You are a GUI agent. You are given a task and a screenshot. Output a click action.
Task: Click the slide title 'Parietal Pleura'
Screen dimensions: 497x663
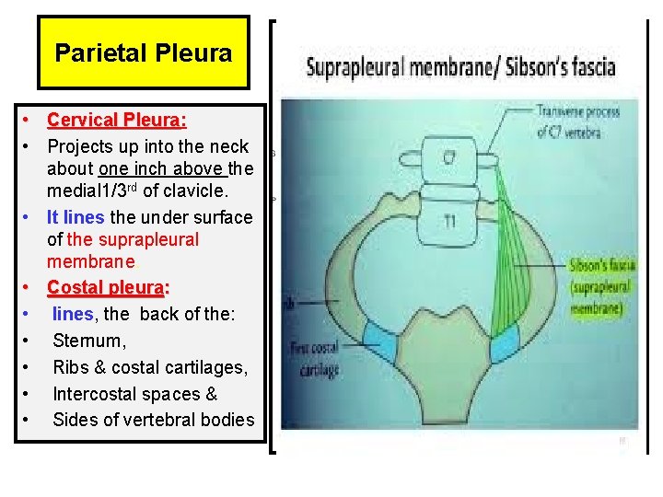(x=144, y=52)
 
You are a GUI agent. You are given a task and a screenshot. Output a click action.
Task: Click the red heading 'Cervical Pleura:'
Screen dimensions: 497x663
(x=117, y=120)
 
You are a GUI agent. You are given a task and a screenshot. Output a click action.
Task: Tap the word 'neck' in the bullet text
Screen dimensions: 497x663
(x=229, y=146)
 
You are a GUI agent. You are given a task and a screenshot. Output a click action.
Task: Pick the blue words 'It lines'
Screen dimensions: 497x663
(x=76, y=217)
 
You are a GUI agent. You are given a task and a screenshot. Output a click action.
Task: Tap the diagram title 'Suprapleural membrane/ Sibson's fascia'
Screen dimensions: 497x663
(x=460, y=66)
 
